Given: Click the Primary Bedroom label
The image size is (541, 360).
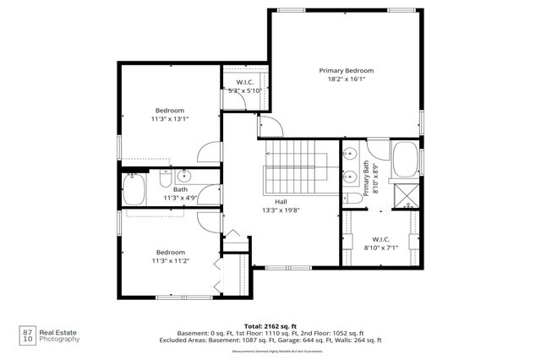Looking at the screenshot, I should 346,70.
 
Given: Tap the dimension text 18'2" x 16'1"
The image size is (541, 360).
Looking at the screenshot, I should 346,79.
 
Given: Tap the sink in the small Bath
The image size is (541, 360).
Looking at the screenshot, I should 186,177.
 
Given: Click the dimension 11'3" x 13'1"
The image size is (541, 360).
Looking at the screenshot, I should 170,119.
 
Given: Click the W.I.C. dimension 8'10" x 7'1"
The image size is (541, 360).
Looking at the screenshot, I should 380,248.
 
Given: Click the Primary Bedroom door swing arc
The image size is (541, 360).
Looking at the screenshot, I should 269,127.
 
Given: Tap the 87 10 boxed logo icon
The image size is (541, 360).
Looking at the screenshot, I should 27,335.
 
